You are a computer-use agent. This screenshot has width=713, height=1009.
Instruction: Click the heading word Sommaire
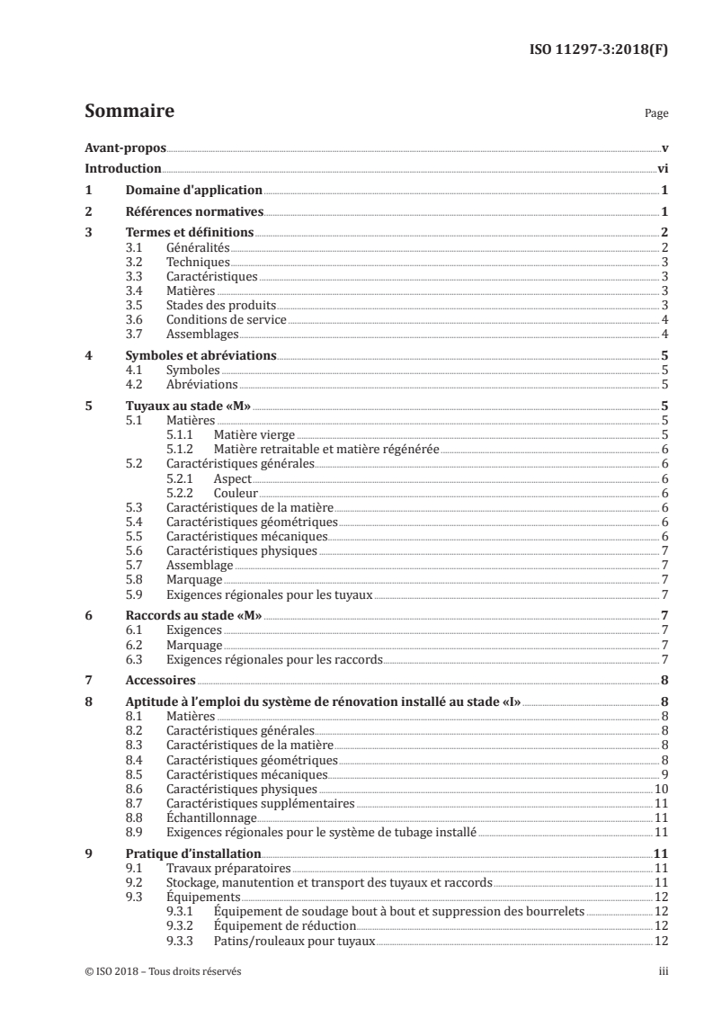coord(129,112)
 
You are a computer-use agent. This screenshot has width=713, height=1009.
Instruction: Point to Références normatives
coord(193,212)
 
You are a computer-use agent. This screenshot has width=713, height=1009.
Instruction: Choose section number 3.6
coord(135,319)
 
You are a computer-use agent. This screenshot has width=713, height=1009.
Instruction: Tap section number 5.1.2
coord(181,449)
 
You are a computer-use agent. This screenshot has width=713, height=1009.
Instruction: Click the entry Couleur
coord(236,493)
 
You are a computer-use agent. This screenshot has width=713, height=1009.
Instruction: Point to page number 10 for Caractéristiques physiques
coord(660,789)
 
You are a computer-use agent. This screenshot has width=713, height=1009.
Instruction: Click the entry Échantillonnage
coord(211,817)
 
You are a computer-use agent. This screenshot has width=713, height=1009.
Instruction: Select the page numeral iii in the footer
coord(663,971)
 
